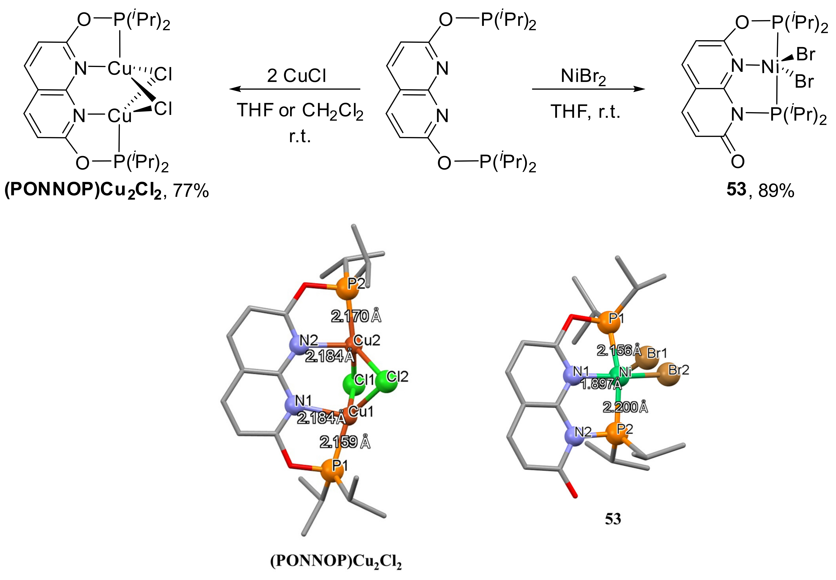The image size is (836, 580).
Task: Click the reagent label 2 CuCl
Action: point(296,76)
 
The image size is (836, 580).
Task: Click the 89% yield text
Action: point(776,190)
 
